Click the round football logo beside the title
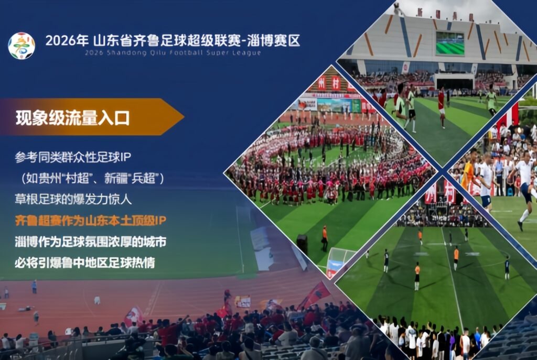pyautogui.click(x=21, y=46)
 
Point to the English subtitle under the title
pyautogui.click(x=173, y=53)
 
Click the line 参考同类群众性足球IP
pyautogui.click(x=73, y=157)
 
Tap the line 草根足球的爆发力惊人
pyautogui.click(x=73, y=200)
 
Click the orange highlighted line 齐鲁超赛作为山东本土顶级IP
pyautogui.click(x=90, y=221)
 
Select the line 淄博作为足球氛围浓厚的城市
pyautogui.click(x=90, y=242)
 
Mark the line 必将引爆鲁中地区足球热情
pyautogui.click(x=85, y=263)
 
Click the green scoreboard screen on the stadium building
pyautogui.click(x=450, y=43)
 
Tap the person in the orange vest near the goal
pyautogui.click(x=324, y=238)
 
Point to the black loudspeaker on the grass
pyautogui.click(x=302, y=244)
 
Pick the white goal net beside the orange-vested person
pyautogui.click(x=339, y=262)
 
